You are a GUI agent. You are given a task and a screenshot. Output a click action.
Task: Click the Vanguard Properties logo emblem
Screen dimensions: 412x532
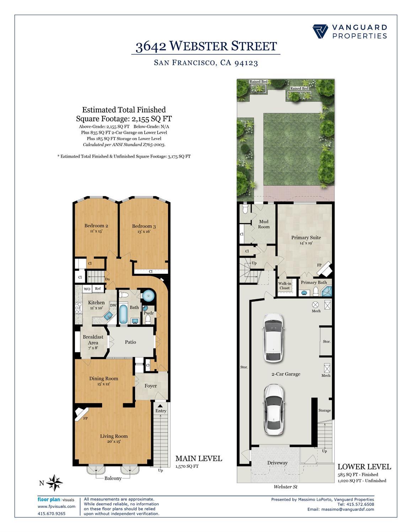coord(320,32)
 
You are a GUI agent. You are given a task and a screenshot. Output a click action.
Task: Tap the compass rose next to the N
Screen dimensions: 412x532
coord(54,483)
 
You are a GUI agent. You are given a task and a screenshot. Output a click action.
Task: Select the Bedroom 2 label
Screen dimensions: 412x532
coord(96,226)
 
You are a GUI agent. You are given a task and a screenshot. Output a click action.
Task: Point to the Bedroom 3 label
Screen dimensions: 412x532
coord(144,226)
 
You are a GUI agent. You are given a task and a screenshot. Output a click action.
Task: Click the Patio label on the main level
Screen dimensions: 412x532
coord(130,342)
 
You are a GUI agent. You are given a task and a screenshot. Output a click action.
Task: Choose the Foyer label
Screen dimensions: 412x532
coord(151,386)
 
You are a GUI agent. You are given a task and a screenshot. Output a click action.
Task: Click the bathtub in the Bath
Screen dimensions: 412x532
coord(123,314)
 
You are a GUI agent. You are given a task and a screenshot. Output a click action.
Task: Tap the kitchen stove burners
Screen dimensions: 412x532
coord(78,308)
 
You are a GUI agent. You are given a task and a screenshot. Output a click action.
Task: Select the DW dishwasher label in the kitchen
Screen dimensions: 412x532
coord(113,305)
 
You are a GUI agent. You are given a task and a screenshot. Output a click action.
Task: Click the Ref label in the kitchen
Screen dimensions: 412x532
coord(98,289)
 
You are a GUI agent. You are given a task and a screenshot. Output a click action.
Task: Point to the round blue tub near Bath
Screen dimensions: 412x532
coord(148,296)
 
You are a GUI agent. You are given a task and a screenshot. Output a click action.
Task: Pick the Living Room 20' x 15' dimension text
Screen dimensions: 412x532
coord(114,441)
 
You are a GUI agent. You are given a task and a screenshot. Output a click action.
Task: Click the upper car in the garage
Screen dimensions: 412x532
coord(273,338)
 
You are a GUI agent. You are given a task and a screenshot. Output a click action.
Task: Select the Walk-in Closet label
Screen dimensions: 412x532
coord(285,286)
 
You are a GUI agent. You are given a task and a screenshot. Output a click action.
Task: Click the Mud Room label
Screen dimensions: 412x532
coord(264,224)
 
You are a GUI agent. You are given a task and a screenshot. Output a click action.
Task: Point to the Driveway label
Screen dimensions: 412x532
coord(277,463)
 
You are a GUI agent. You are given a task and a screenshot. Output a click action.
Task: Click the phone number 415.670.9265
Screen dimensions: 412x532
coord(52,514)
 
